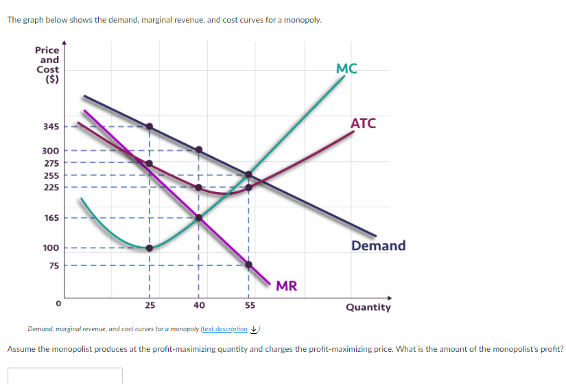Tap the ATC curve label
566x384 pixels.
coord(363,123)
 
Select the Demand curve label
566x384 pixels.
coord(378,245)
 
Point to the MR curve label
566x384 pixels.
coord(287,286)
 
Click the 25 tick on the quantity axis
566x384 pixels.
coord(150,304)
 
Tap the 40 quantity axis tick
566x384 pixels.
coord(199,304)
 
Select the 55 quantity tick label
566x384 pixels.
coord(249,304)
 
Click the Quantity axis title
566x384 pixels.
coord(368,307)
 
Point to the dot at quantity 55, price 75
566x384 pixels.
coord(249,265)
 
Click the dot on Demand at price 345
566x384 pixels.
coord(150,126)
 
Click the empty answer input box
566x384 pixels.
coord(65,376)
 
